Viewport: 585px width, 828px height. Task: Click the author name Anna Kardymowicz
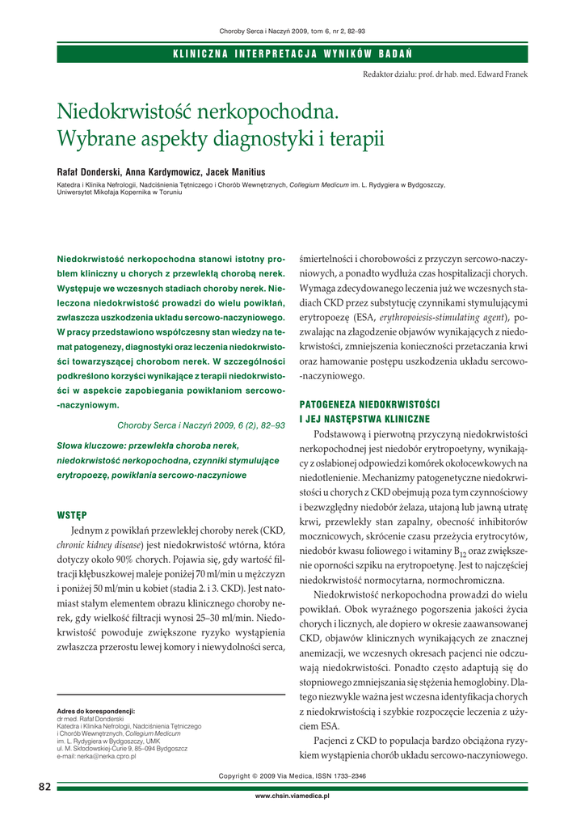[166, 172]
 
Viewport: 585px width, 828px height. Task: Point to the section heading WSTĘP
[72, 514]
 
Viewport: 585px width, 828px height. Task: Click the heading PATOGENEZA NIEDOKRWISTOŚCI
[369, 403]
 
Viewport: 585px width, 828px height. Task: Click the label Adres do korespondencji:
[95, 711]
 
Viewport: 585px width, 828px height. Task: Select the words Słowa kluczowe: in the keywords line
[86, 446]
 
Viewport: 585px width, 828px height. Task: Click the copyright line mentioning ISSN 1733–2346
[292, 776]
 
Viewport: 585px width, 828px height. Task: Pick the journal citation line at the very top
[292, 31]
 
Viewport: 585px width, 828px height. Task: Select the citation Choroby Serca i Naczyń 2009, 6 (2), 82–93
[200, 425]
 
